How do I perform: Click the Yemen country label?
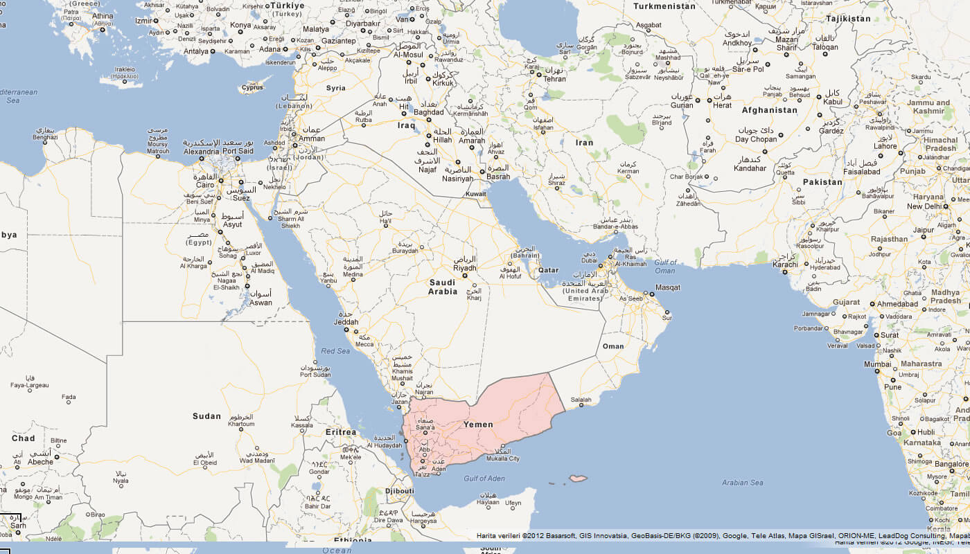click(x=478, y=425)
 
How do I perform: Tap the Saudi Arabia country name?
click(x=443, y=287)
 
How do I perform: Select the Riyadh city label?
click(x=465, y=268)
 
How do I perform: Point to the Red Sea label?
click(x=335, y=351)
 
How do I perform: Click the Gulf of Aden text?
click(x=485, y=479)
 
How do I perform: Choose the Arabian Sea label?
click(x=742, y=483)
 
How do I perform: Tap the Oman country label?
click(x=613, y=346)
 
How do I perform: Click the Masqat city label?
click(x=669, y=287)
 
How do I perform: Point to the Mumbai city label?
click(x=877, y=364)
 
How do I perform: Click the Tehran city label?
click(x=555, y=79)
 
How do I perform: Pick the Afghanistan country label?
click(x=769, y=110)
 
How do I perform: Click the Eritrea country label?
click(x=341, y=432)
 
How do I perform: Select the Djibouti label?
click(x=399, y=491)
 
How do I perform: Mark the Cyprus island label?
click(x=252, y=88)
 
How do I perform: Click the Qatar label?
click(x=548, y=270)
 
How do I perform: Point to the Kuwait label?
click(x=476, y=195)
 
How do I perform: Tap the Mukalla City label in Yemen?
click(x=503, y=458)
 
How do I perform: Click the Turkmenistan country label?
click(x=664, y=6)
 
